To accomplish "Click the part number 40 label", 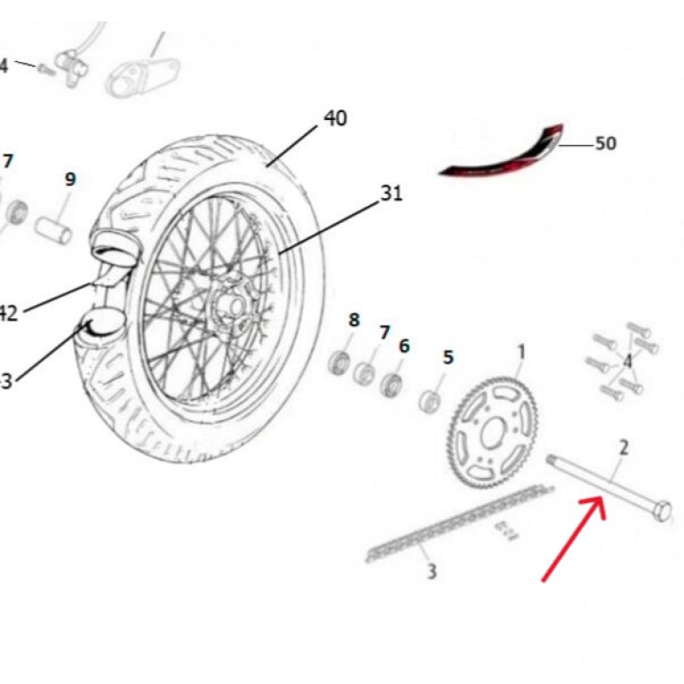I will pos(335,117).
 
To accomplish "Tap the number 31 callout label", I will pos(392,192).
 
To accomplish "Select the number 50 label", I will pos(605,143).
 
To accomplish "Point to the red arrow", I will pos(574,540).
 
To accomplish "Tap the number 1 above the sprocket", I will pos(521,352).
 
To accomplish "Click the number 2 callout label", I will pos(624,447).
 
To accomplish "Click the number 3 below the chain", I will pos(432,571).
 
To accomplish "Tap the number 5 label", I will pos(448,357).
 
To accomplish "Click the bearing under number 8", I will pos(339,362).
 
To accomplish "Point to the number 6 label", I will pos(404,346).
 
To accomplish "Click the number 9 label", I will pos(70,179).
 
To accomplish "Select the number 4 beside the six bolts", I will pos(628,361).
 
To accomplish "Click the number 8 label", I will pos(354,319).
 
